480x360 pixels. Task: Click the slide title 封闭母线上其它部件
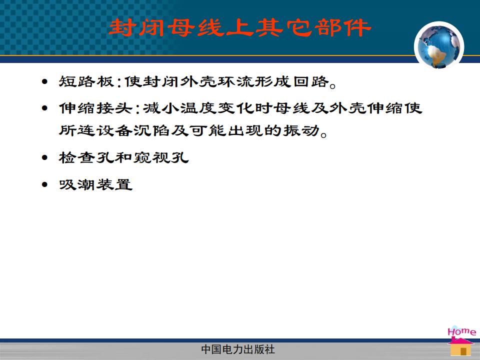point(239,27)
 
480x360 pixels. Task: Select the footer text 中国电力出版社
point(238,349)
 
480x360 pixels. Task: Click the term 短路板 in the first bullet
point(86,81)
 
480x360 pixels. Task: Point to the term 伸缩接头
point(95,108)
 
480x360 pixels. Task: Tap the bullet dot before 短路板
point(45,81)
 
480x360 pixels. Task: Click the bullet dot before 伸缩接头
point(45,108)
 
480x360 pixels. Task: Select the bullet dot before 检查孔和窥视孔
point(45,157)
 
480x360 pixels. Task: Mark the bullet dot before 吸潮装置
point(45,184)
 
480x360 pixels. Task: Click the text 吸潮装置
point(95,184)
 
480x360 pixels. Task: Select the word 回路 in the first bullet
point(311,81)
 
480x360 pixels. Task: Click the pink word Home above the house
point(462,331)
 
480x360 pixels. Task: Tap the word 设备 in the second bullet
point(114,130)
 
